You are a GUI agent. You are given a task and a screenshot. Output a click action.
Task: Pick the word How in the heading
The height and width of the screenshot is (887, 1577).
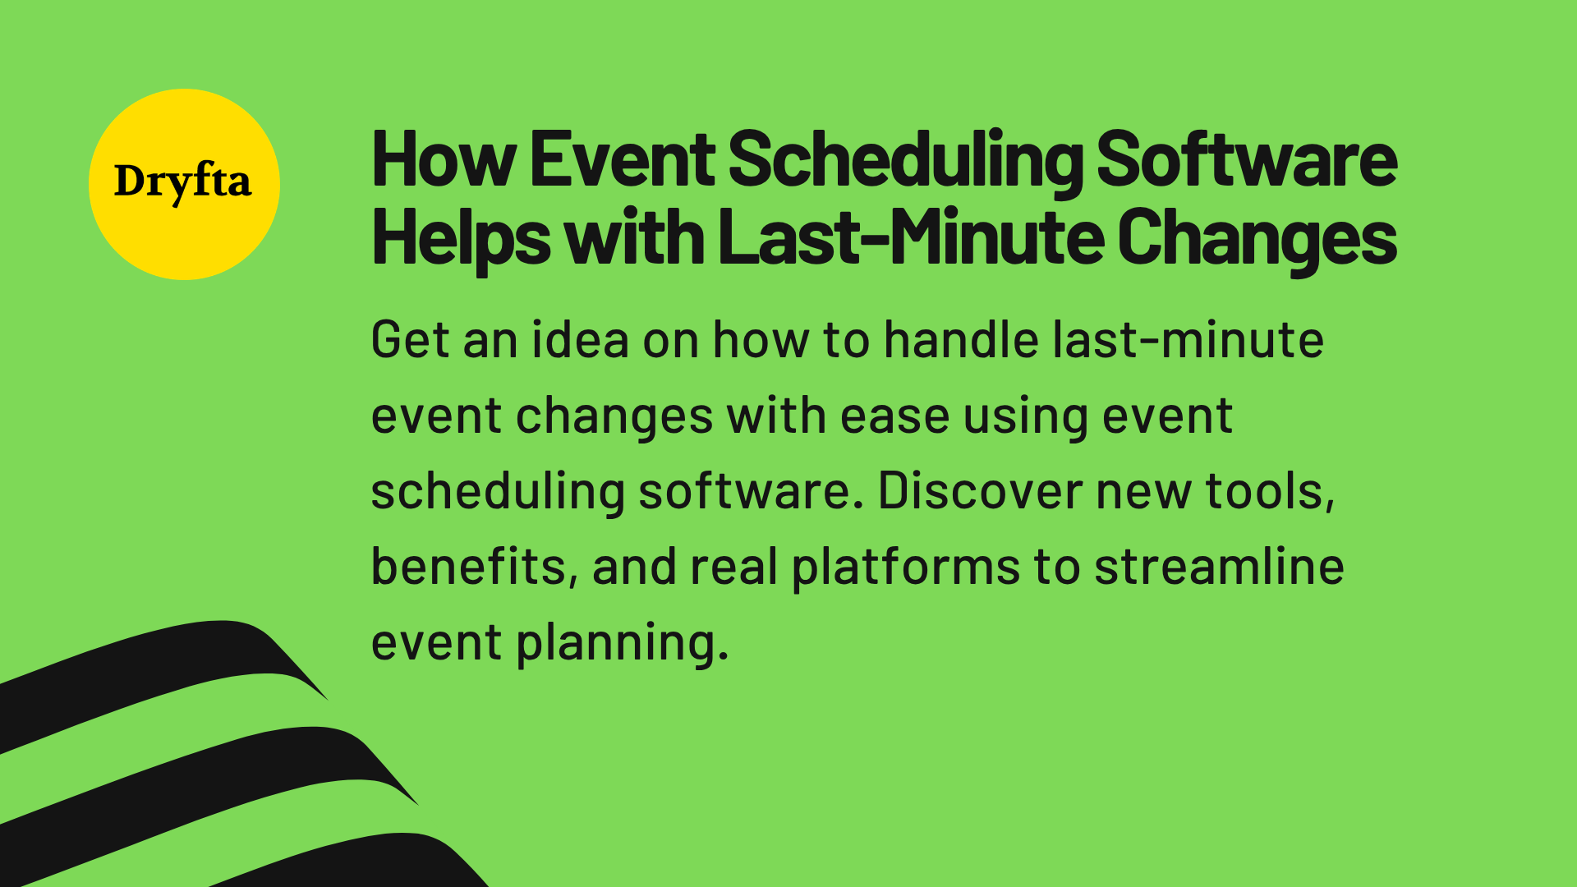pos(444,159)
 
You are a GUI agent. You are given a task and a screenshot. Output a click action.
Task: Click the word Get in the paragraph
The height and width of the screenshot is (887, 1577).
pos(410,340)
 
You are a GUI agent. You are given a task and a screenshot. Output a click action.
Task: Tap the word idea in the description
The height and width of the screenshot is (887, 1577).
pos(580,340)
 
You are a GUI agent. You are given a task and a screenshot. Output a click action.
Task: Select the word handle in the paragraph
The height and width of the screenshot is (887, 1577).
pos(961,340)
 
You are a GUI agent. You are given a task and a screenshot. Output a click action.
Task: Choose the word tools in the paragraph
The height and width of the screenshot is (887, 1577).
pos(1269,491)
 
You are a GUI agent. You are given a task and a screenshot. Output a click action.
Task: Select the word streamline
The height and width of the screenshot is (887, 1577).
pos(1219,567)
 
